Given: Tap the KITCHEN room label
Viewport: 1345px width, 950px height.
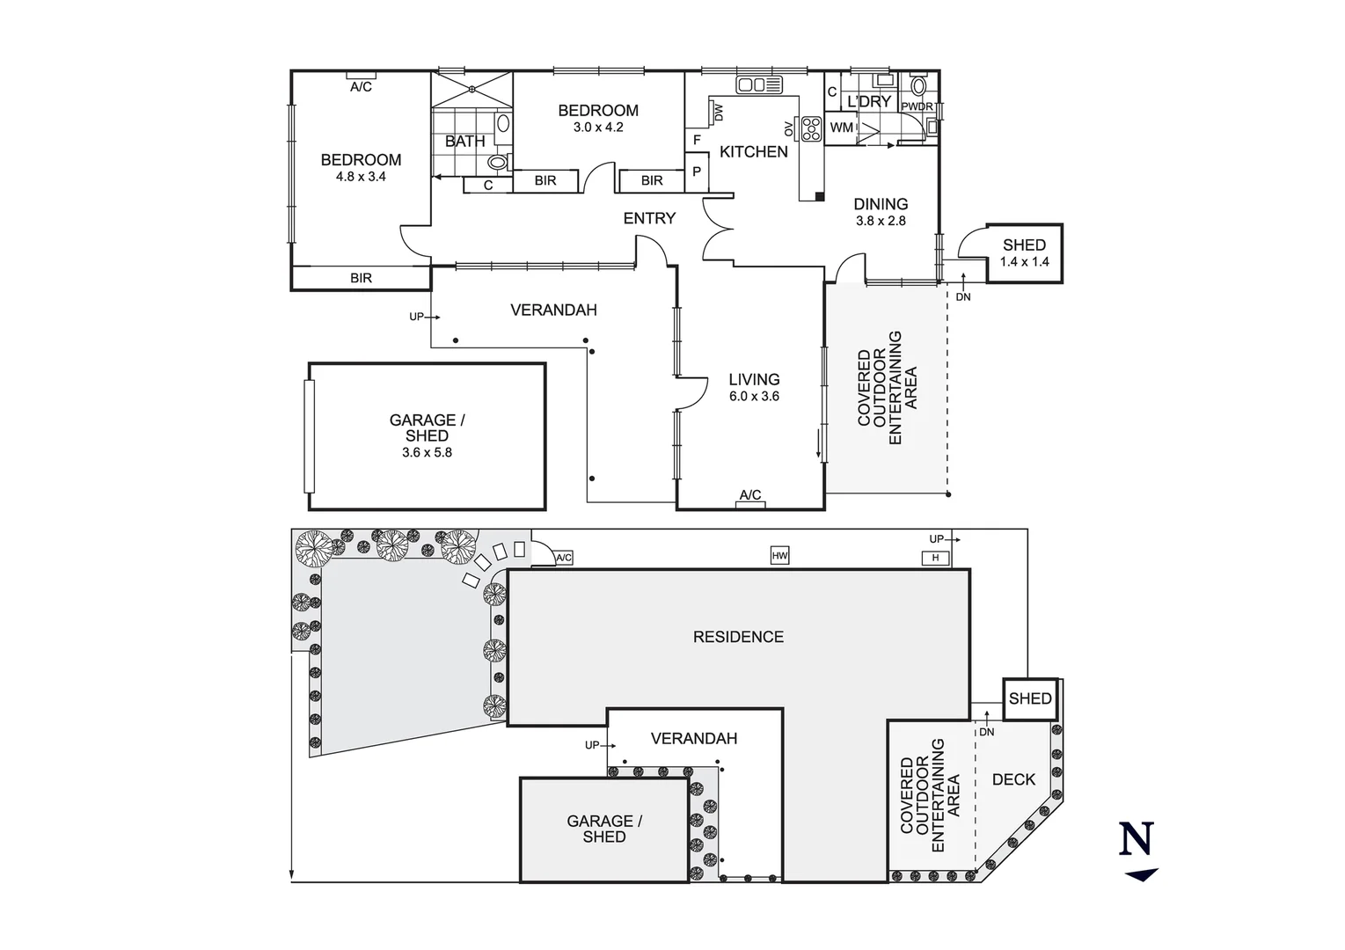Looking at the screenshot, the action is pos(754,152).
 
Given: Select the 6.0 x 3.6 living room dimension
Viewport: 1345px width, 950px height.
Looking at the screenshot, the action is pos(754,397).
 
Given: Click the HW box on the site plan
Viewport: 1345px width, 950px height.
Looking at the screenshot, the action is pos(779,555).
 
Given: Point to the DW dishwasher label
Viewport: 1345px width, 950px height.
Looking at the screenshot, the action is pos(720,113).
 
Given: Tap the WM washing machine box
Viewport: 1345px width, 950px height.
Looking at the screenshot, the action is pos(841,128).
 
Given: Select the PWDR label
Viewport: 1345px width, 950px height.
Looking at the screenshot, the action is pos(917,107).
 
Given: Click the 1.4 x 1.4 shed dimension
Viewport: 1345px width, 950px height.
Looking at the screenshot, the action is pos(1024,262).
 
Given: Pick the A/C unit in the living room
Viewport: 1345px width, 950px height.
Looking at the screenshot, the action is pos(750,505).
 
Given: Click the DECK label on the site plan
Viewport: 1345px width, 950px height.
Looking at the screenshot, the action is pos(1013,779).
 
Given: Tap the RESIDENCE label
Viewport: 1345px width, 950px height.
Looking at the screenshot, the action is pos(738,637).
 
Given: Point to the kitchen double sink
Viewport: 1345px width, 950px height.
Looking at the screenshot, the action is pos(759,84).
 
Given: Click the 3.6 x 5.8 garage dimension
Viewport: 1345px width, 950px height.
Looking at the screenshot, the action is pos(427,452).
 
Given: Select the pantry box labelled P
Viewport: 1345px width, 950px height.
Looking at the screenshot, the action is pos(697,172).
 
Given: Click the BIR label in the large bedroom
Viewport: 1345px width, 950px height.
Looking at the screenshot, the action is pos(361,278).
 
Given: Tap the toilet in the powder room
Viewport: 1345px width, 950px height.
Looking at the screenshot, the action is pos(918,86).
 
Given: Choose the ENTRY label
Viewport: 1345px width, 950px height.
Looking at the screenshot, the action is pos(649,218).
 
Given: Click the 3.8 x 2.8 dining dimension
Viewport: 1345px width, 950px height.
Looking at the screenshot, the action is pos(881,221).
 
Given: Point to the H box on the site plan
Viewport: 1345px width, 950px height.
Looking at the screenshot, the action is pos(935,559).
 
